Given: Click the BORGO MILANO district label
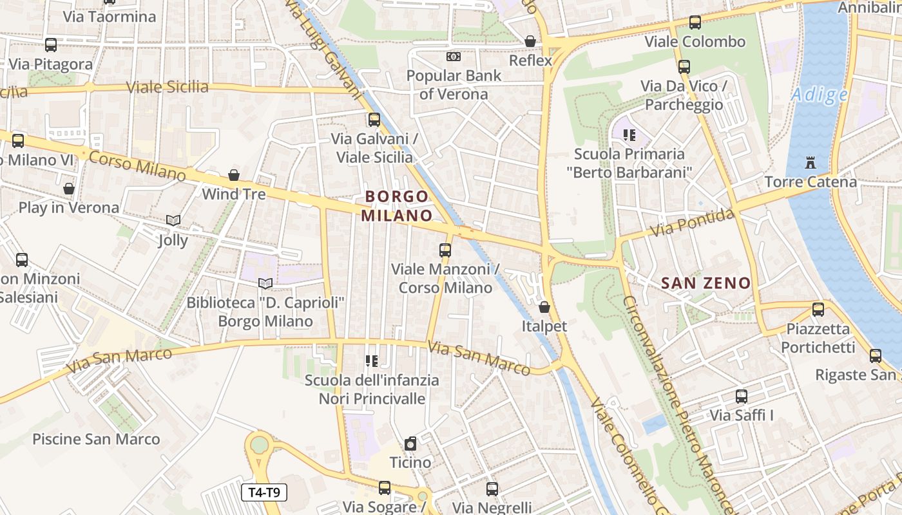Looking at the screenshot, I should click(396, 205).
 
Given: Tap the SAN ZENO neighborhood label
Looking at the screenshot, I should click(706, 283).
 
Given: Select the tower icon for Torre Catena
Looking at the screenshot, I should click(811, 163).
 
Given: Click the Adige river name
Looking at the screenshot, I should click(819, 95).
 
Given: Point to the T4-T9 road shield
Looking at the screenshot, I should click(264, 493).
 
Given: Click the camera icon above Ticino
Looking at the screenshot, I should click(410, 444).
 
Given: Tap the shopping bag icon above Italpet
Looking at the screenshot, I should click(544, 307).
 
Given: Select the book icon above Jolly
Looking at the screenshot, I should click(173, 221).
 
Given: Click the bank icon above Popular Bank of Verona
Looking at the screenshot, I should click(454, 57).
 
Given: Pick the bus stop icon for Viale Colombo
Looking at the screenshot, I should click(695, 23).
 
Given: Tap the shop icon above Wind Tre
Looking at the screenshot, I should click(234, 175).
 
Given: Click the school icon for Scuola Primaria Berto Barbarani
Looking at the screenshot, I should click(629, 135).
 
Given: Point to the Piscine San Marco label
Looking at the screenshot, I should click(96, 439).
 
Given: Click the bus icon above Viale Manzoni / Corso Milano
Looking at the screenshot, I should click(445, 250).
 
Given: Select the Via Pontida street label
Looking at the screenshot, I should click(692, 223).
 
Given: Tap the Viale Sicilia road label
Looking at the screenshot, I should click(168, 87).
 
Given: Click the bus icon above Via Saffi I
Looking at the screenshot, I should click(742, 397).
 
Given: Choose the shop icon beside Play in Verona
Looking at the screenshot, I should click(69, 189).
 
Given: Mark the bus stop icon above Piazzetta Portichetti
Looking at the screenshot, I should click(818, 310).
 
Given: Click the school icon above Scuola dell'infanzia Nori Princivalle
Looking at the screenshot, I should click(372, 361).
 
